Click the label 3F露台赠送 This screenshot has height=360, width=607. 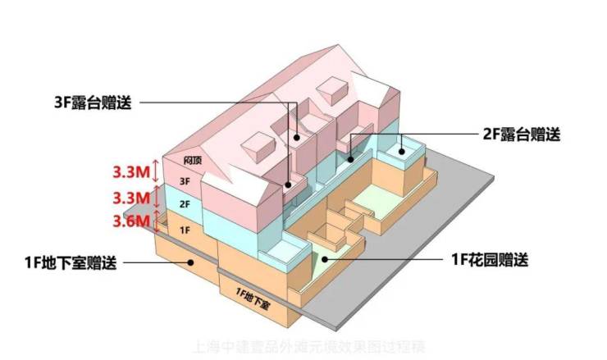coord(92,103)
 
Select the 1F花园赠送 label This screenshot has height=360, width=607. coord(487,261)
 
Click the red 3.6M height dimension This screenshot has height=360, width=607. coord(130,220)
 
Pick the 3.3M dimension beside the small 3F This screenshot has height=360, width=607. coord(130,172)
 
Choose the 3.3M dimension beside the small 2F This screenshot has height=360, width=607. coord(130,197)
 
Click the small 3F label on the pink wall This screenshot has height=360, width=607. coord(185,180)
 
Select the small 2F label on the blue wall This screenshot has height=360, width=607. coord(185,203)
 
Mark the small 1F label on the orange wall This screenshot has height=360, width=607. coord(185,230)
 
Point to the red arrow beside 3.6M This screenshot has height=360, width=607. coord(157,220)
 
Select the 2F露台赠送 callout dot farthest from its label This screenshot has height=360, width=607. coord(349,158)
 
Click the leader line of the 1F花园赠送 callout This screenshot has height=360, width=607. coord(386,260)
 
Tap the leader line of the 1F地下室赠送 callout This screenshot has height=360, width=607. coord(156,262)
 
